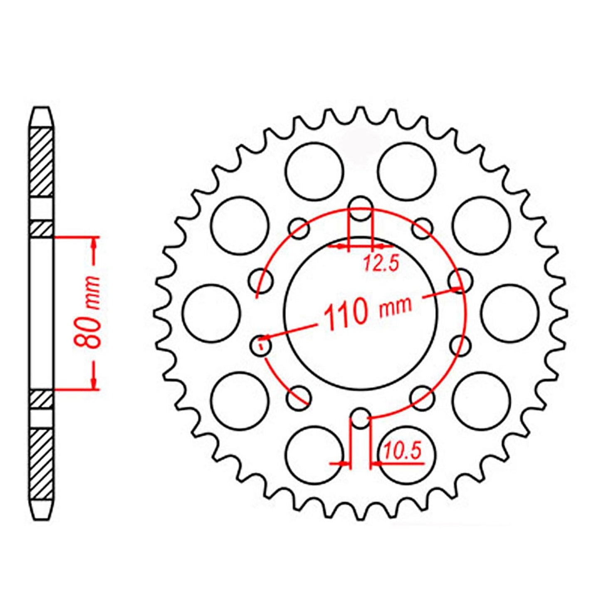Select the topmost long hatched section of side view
click(x=42, y=162)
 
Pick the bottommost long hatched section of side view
click(x=42, y=465)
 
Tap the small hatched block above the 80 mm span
click(x=42, y=229)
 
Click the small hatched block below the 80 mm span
click(x=42, y=399)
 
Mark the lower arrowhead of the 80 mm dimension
click(x=94, y=383)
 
